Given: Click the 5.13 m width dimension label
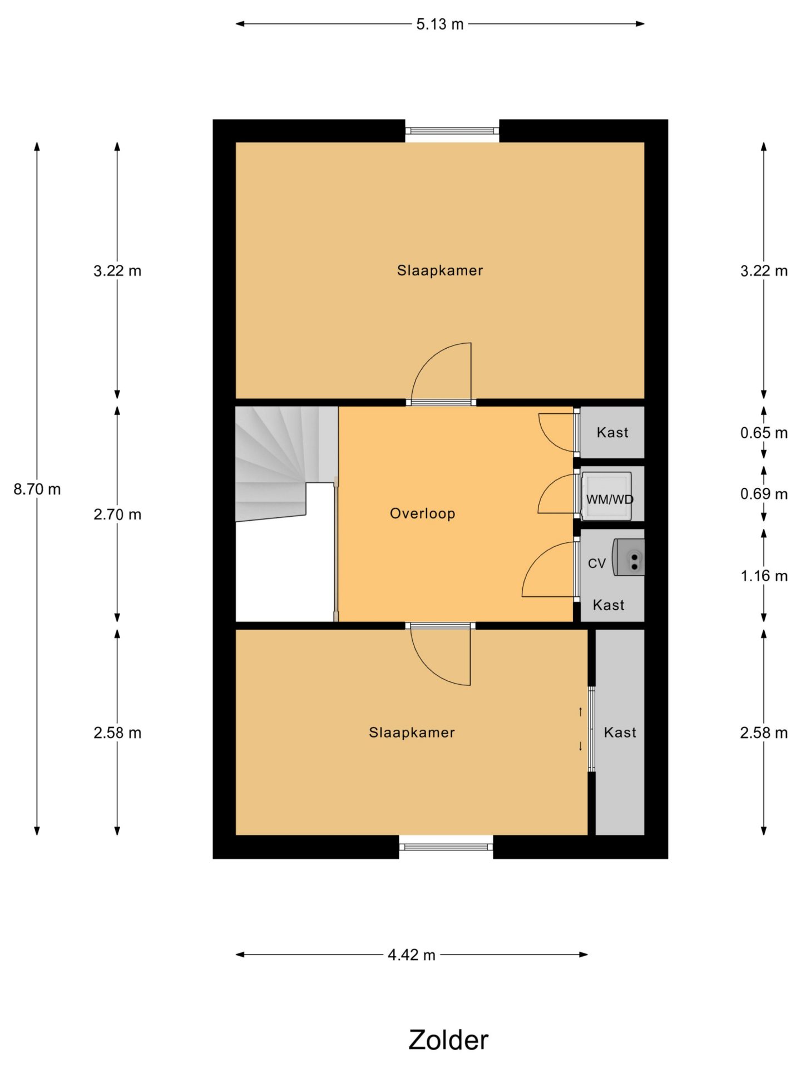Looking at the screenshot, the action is (439, 24).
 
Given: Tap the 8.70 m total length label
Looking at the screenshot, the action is (37, 489).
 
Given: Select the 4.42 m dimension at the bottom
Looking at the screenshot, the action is (412, 955).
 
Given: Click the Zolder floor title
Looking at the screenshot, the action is (448, 1040).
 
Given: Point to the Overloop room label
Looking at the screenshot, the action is (423, 513).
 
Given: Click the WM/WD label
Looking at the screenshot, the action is (610, 500).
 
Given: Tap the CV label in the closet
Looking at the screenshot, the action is (597, 563).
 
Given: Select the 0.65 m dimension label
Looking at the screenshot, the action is (764, 433).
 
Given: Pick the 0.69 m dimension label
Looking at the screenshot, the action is (764, 494).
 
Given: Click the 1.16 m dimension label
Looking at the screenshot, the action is (764, 576).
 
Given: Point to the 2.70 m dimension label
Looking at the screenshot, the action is (117, 515).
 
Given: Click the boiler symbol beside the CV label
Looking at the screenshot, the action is (629, 557).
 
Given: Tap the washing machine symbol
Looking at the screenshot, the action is (606, 496).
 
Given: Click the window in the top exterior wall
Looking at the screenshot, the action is (452, 131).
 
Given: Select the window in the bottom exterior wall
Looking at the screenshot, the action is (446, 847).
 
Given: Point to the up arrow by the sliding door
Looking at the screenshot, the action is (580, 711).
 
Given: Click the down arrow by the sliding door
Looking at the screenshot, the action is (580, 746).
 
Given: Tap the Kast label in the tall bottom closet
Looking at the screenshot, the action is (620, 733).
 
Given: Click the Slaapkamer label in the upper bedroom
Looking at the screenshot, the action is (440, 271).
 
